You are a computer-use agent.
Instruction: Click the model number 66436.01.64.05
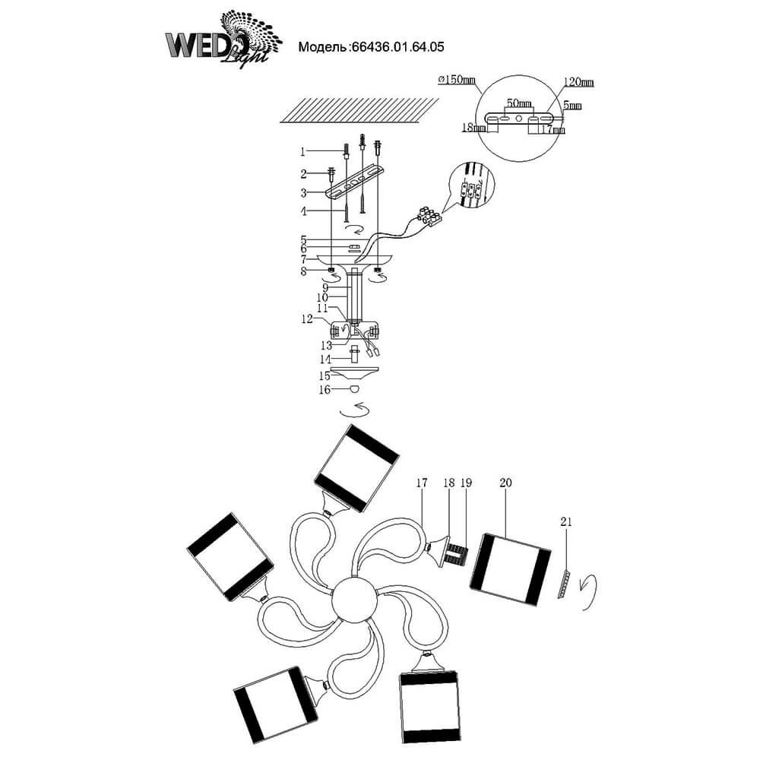tap(396, 46)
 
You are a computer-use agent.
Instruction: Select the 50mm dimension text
tap(519, 102)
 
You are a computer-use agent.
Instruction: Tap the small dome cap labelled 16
tap(354, 389)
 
